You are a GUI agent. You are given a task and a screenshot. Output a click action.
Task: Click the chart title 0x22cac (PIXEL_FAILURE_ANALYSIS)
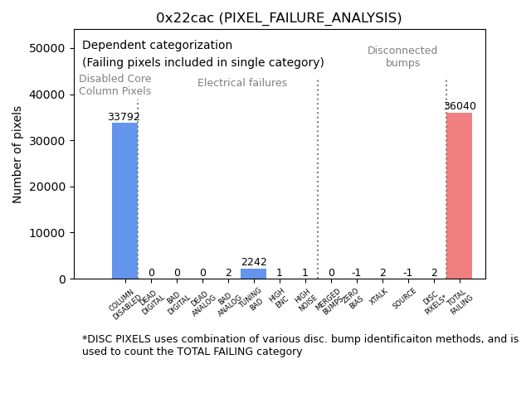click(x=279, y=18)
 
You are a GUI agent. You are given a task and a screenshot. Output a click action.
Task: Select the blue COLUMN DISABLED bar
click(x=124, y=201)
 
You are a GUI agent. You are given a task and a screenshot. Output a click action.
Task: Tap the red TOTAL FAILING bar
click(x=459, y=196)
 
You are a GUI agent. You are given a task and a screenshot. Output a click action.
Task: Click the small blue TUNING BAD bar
click(x=253, y=274)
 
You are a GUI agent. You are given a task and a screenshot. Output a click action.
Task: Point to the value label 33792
click(x=124, y=117)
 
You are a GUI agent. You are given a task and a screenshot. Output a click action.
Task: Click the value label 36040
click(x=460, y=106)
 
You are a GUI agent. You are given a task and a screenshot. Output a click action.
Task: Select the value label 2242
click(x=254, y=262)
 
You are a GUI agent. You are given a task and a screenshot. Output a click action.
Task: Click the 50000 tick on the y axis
click(x=49, y=49)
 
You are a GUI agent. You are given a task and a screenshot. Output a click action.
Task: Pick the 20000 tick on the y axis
click(x=49, y=187)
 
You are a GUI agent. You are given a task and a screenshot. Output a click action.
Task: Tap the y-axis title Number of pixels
click(x=18, y=154)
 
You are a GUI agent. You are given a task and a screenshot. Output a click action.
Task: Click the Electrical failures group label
click(x=242, y=83)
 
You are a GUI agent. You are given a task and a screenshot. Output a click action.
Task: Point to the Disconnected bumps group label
click(x=402, y=57)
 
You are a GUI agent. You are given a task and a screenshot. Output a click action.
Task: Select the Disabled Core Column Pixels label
click(x=115, y=85)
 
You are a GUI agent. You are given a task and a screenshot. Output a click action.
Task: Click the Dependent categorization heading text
click(x=158, y=46)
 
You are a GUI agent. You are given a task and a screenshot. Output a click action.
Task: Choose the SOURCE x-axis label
click(x=404, y=299)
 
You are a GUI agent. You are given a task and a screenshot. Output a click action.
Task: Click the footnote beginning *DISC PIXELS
click(x=300, y=345)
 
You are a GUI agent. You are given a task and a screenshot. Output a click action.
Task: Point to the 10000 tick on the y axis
click(x=49, y=233)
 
